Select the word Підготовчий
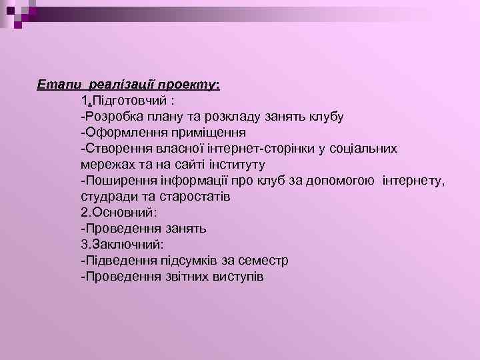(x=131, y=101)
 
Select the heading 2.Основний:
(x=118, y=213)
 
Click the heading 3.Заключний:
(x=121, y=245)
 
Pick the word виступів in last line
(x=239, y=277)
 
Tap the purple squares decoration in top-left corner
(x=18, y=11)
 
